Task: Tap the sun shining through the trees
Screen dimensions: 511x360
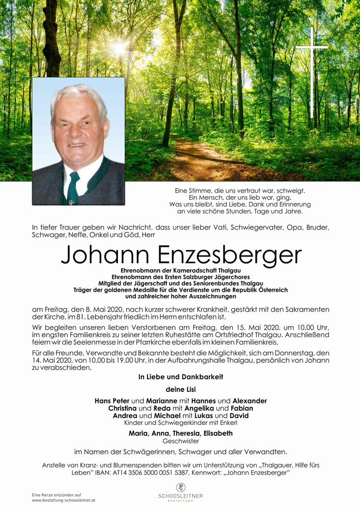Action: coord(122,49)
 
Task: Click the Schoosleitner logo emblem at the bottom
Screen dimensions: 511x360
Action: coord(181,487)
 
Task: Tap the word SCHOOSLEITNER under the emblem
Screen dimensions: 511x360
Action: coord(181,496)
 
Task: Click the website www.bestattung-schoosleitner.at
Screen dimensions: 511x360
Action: coord(63,500)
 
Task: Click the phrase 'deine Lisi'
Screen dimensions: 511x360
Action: coord(180,390)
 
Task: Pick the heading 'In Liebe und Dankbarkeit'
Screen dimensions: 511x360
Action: coord(180,377)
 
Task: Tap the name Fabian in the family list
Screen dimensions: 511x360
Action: coord(242,408)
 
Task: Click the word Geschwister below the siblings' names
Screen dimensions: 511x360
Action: coord(180,440)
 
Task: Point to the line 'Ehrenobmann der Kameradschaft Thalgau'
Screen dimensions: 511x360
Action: coord(180,270)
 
